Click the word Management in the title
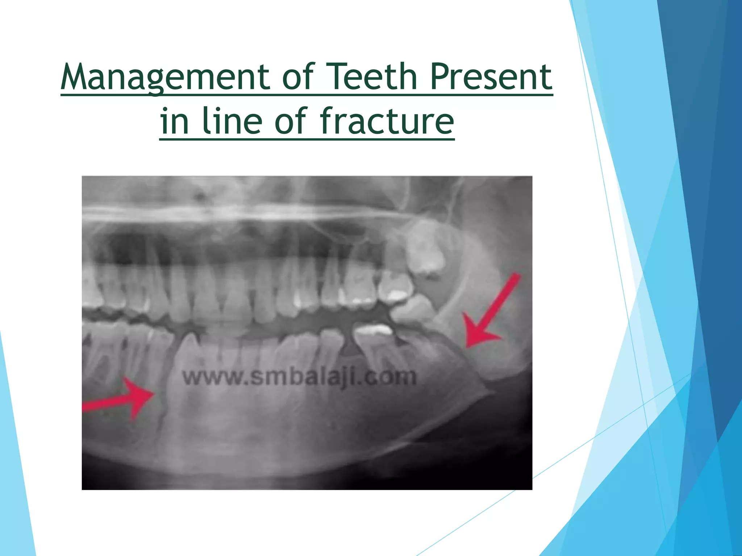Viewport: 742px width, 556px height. click(x=165, y=77)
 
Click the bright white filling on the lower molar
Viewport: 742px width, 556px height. click(x=373, y=330)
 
